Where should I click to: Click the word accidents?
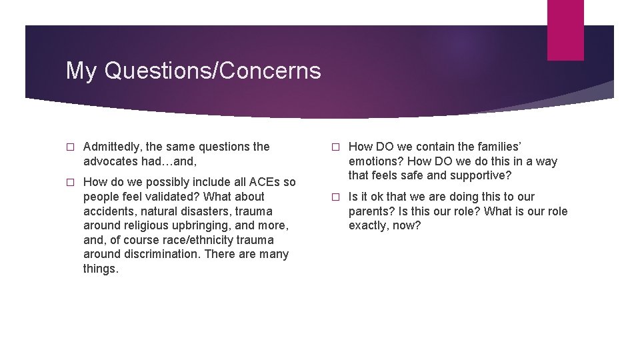(109, 211)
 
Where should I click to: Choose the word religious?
(145, 225)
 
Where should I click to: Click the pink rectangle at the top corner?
(565, 30)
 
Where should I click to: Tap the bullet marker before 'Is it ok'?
(335, 197)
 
